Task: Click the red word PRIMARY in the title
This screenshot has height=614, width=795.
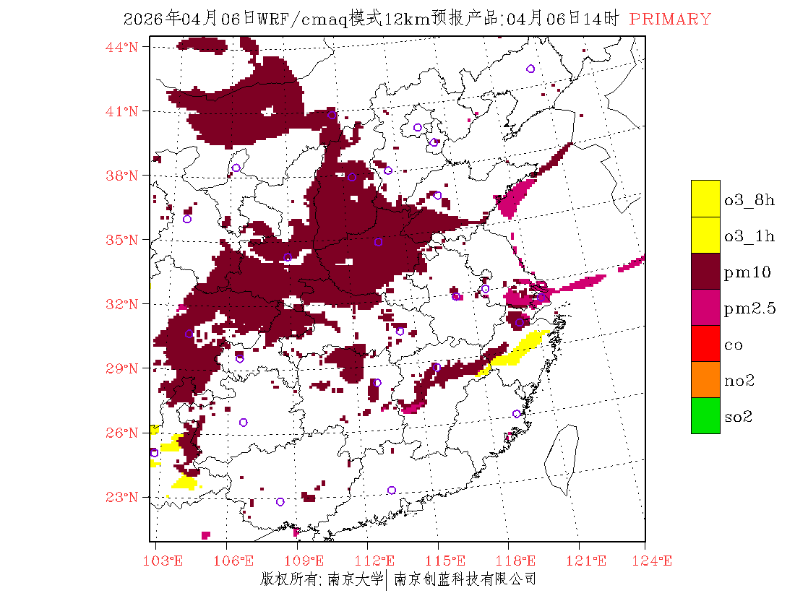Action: point(670,20)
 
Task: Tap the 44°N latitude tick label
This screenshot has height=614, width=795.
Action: point(122,47)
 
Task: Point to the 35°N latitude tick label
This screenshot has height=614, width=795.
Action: point(122,240)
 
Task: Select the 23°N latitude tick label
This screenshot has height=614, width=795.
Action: point(122,497)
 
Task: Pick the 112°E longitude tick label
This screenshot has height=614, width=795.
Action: point(378,561)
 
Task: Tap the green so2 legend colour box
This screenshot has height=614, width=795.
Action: point(705,415)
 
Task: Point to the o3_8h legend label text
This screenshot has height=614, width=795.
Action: point(749,200)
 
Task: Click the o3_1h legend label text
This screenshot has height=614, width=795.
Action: point(749,236)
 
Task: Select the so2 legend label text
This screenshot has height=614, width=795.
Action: point(739,417)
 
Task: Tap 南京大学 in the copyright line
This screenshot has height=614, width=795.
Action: point(354,579)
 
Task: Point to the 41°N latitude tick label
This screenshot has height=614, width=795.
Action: point(122,111)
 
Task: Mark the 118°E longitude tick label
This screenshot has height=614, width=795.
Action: point(519,561)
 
